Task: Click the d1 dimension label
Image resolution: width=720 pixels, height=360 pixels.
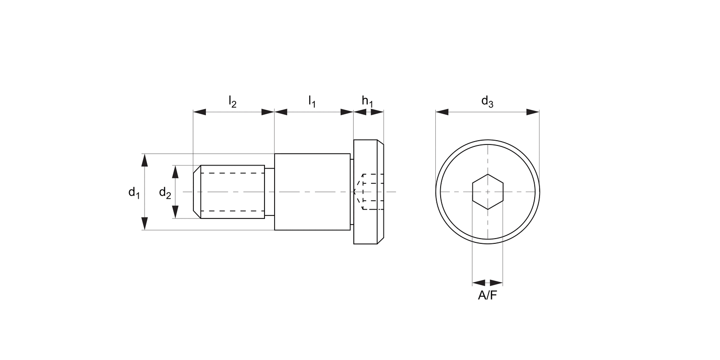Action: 133,193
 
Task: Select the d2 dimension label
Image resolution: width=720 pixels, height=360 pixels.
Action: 165,193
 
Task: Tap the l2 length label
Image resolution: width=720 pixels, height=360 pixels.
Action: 232,101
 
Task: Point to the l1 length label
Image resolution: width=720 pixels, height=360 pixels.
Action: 312,101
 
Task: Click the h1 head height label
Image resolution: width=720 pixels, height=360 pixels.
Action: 368,101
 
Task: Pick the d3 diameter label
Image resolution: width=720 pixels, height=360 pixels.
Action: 487,101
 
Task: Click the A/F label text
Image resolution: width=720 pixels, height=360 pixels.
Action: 488,296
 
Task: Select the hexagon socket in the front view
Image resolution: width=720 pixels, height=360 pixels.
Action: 488,192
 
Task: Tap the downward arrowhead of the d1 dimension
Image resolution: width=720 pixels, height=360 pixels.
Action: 145,224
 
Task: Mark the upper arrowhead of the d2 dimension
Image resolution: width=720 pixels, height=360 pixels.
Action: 176,171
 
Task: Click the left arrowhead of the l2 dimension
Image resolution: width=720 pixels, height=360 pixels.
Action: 200,112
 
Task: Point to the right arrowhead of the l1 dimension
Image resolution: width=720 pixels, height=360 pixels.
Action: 347,112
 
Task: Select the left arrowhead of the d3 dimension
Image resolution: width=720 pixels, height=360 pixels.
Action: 442,112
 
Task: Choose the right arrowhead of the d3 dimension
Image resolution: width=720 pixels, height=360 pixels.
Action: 533,112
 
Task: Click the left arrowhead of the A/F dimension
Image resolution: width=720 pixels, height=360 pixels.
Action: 479,283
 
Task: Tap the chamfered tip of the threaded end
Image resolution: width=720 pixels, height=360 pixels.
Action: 197,192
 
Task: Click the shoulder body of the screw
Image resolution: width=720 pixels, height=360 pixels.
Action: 312,192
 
